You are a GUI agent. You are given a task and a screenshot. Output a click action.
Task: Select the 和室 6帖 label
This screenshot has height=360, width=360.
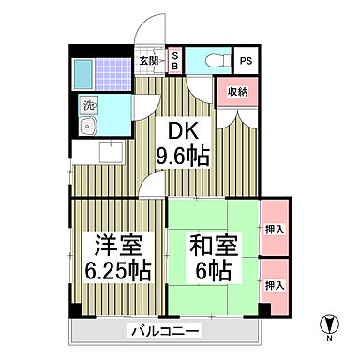213,257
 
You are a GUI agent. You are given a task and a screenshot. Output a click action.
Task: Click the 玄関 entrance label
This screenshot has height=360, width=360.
150,61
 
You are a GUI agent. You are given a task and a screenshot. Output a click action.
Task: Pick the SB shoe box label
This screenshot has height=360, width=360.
173,61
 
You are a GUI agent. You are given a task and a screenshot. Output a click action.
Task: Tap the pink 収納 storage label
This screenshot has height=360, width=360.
236,91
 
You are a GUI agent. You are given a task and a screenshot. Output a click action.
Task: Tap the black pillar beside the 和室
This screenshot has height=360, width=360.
264,310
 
